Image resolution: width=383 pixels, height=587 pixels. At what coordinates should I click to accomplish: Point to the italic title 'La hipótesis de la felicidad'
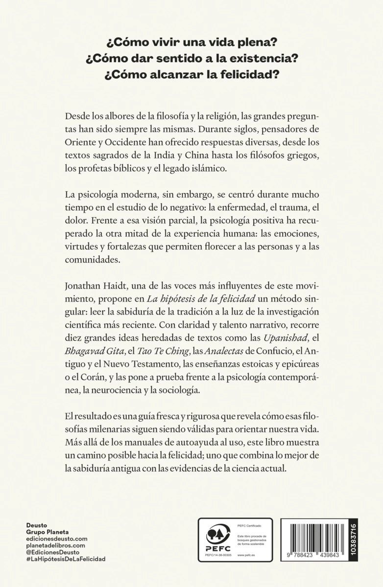click(191, 298)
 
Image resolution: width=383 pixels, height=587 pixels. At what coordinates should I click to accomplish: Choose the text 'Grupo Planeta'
click(47, 531)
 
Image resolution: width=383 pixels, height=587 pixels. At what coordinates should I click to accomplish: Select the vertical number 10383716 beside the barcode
click(354, 541)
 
